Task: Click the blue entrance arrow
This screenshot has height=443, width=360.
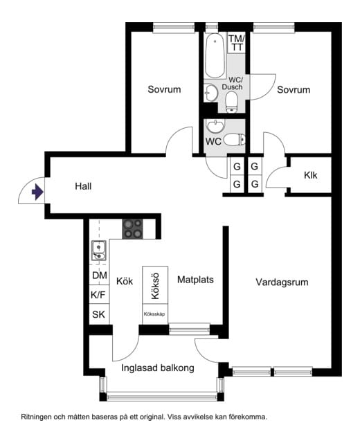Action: tap(37, 192)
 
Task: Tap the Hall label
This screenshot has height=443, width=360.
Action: tap(83, 186)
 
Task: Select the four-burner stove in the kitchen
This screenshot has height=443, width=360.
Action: tap(132, 229)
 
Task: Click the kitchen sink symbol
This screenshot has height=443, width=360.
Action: tap(98, 250)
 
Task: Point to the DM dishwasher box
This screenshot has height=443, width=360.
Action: tap(100, 275)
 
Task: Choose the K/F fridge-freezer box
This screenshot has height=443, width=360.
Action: tap(98, 295)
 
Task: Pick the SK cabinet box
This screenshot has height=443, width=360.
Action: tap(98, 314)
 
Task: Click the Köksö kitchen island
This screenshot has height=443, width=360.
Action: tap(155, 285)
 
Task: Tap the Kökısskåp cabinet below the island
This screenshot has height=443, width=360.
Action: tap(155, 314)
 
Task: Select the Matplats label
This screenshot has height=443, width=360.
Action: tap(195, 280)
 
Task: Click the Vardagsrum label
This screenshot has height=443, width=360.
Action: tap(282, 282)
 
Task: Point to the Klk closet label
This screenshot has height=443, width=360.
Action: tap(311, 175)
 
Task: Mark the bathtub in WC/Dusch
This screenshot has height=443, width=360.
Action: tap(215, 56)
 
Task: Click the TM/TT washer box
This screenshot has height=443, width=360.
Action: tap(237, 43)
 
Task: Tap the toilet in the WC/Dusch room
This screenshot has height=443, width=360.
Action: tap(232, 102)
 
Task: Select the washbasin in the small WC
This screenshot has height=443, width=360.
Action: tap(215, 126)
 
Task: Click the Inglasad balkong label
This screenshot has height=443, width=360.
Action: tap(158, 368)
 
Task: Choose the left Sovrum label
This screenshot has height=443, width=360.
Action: tap(164, 89)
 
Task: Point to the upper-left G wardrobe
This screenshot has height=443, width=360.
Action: tap(237, 166)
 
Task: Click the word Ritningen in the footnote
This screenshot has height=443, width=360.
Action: tap(37, 417)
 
